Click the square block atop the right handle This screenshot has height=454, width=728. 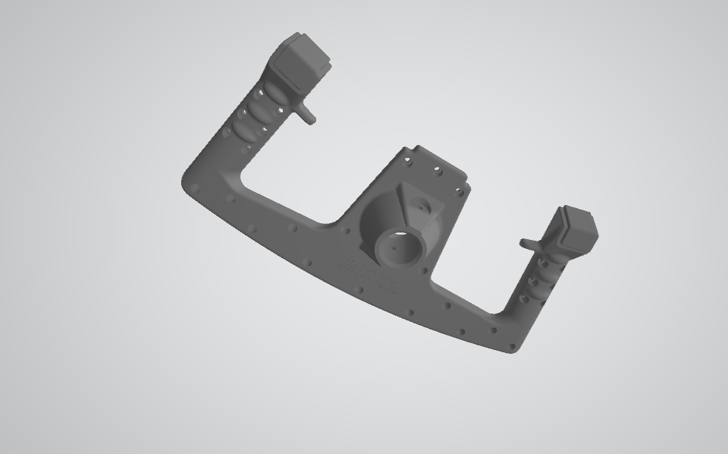coord(580,230)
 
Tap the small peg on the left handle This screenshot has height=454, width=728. coord(307,114)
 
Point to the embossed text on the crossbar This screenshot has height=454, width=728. coord(368,275)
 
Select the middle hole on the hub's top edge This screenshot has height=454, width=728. coord(436,169)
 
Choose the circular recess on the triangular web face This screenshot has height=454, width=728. coord(419,203)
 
